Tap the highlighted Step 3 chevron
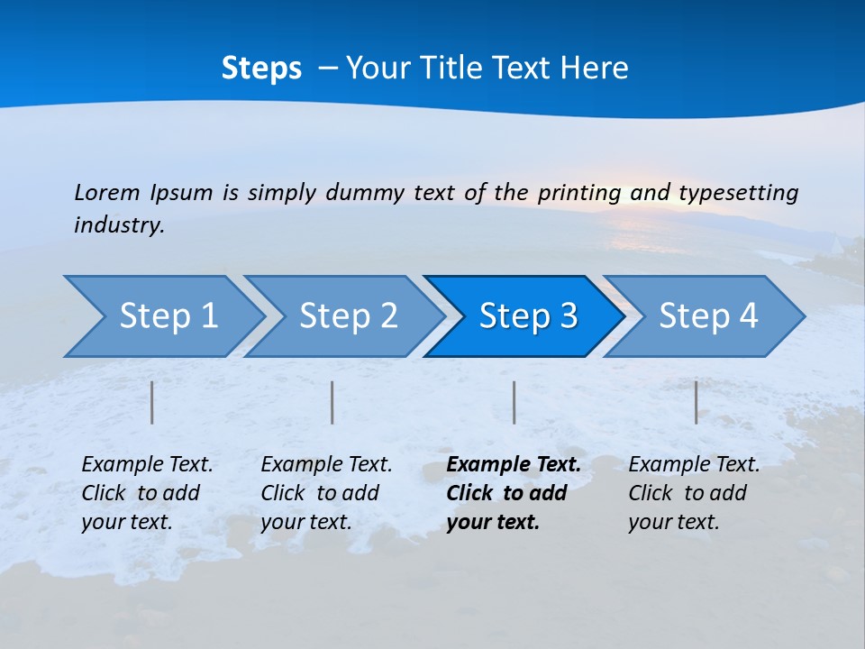[528, 316]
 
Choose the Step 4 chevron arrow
[708, 316]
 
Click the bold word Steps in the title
[261, 69]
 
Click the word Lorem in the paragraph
[106, 192]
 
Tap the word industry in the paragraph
[119, 224]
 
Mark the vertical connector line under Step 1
[152, 402]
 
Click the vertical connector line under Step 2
[332, 402]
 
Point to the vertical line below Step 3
[514, 402]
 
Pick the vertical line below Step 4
[696, 402]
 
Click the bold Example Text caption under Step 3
[513, 492]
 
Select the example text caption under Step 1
[147, 492]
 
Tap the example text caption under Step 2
[326, 492]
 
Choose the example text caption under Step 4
[694, 492]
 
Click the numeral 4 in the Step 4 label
[748, 316]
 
